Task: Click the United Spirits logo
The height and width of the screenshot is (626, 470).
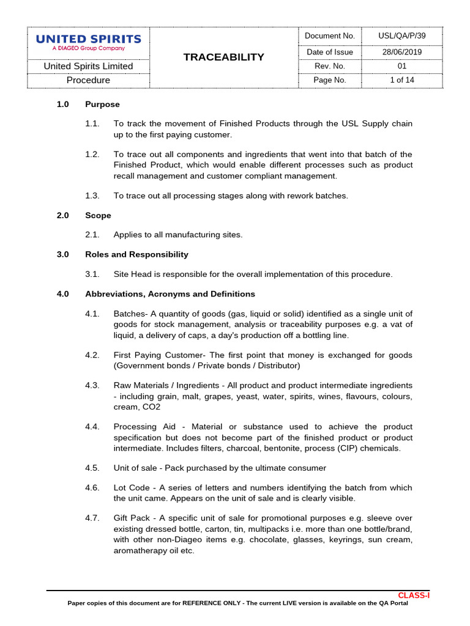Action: click(x=88, y=42)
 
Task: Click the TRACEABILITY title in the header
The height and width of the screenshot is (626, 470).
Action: click(x=224, y=57)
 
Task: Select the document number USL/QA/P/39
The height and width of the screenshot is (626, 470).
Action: click(x=401, y=36)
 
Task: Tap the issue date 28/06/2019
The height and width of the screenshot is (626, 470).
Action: click(x=401, y=52)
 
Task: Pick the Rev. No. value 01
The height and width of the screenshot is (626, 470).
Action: click(x=401, y=66)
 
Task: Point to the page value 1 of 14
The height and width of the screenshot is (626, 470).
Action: click(x=401, y=80)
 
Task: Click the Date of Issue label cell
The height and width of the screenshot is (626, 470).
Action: click(x=329, y=52)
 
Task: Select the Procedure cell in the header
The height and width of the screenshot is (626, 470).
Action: click(x=88, y=80)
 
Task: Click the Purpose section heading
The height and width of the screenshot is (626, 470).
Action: click(x=102, y=105)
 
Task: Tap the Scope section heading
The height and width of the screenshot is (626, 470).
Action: click(x=98, y=215)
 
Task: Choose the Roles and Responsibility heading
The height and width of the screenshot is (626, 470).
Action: click(x=136, y=254)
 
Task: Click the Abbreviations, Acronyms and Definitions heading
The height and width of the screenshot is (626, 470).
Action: click(x=170, y=294)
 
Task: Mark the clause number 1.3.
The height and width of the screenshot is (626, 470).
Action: click(x=92, y=196)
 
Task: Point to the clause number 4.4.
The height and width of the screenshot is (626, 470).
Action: click(x=92, y=427)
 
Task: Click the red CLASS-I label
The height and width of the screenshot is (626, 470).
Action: click(x=414, y=595)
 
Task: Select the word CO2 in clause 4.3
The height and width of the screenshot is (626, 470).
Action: click(x=152, y=407)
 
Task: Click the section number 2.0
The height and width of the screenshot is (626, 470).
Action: click(x=63, y=215)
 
